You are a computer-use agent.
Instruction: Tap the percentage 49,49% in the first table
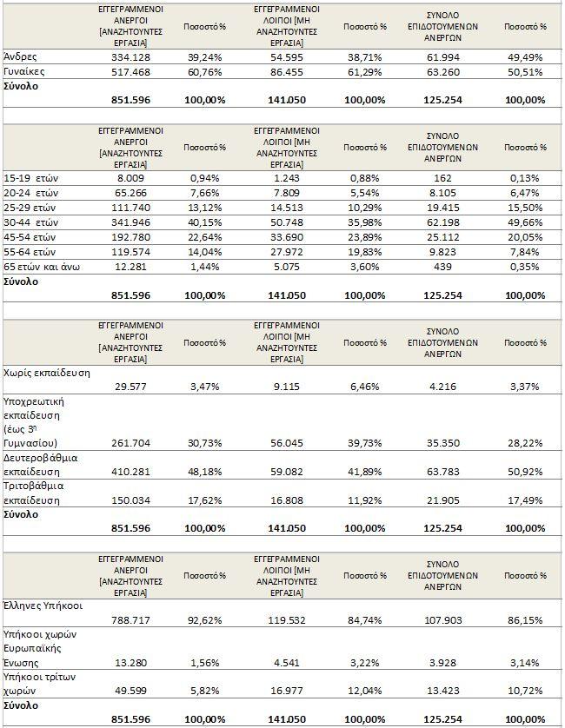[525, 55]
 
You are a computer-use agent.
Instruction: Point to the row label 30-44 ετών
[30, 222]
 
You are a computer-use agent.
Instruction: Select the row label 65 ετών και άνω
[42, 267]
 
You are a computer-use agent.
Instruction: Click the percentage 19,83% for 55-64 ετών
[365, 252]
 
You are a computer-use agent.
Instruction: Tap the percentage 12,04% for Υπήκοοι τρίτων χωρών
[365, 692]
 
